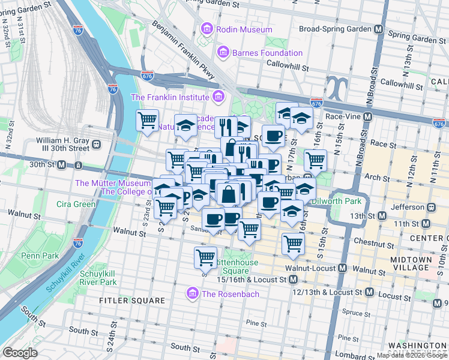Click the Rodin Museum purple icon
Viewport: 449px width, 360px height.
click(x=207, y=29)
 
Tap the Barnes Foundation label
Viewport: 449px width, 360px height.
click(x=264, y=53)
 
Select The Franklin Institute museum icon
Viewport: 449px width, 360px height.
click(x=218, y=97)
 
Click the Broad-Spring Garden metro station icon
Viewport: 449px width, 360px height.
click(x=379, y=29)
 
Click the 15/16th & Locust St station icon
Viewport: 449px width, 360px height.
click(x=293, y=280)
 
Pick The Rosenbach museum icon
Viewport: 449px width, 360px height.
click(x=193, y=293)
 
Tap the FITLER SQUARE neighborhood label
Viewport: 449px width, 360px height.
click(x=132, y=300)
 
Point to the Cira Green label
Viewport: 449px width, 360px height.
click(x=76, y=204)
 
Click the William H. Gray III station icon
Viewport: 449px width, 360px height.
click(x=95, y=145)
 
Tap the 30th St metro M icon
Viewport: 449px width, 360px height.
click(x=61, y=164)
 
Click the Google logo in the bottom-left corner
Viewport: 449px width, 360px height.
click(x=20, y=353)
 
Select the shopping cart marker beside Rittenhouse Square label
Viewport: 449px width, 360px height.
click(x=205, y=257)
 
